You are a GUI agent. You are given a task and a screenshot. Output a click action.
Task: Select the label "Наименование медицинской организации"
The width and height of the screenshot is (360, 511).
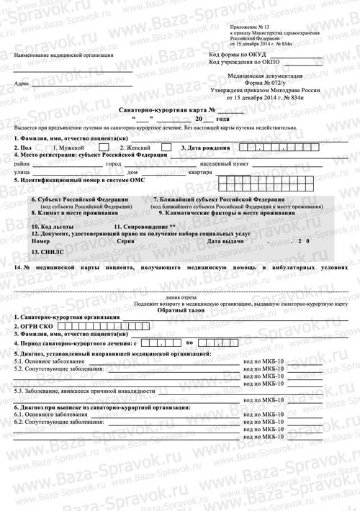click(63, 55)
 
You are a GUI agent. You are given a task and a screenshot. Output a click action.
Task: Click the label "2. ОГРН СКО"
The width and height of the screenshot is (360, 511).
click(35, 326)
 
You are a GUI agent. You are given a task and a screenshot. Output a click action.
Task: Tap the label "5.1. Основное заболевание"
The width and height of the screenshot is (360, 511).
click(45, 360)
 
